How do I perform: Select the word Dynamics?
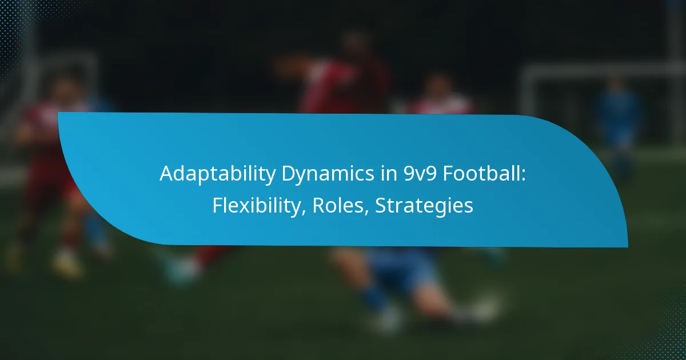pyautogui.click(x=328, y=174)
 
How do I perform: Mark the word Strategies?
pyautogui.click(x=424, y=206)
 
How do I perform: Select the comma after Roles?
pyautogui.click(x=366, y=212)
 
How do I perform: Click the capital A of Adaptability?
pyautogui.click(x=166, y=174)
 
